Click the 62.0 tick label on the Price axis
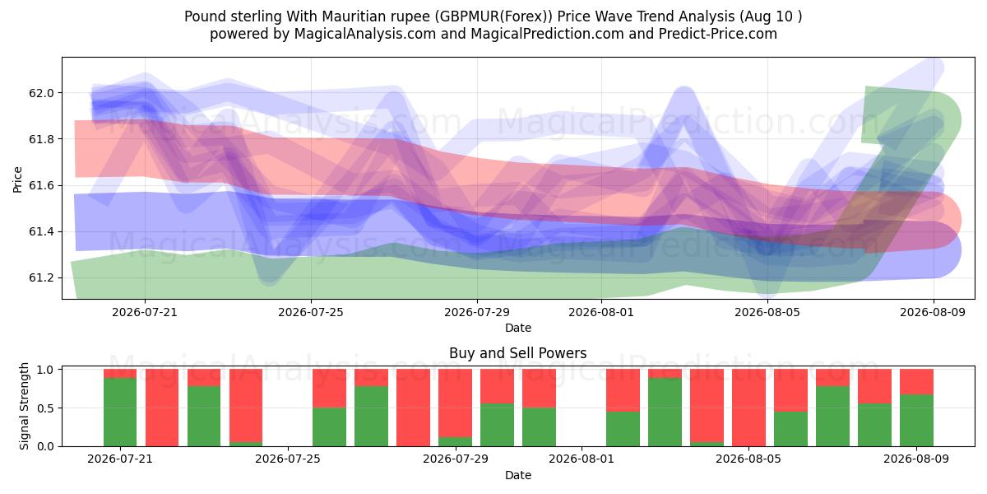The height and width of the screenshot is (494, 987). [41, 93]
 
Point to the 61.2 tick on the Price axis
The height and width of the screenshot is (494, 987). [41, 278]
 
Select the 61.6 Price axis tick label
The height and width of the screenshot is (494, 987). [41, 185]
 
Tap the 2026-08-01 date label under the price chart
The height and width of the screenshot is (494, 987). [601, 312]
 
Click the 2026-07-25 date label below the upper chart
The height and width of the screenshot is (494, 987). [311, 312]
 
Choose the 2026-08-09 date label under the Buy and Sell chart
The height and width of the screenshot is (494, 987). [916, 459]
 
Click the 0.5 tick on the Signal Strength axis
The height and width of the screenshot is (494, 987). [46, 408]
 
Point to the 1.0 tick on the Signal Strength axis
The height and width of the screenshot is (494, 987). [46, 370]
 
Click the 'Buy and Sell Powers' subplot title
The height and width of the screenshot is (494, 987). [517, 353]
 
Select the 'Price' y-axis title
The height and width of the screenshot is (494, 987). [17, 179]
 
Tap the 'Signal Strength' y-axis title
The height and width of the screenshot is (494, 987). [24, 406]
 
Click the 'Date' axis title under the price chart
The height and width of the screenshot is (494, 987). [517, 328]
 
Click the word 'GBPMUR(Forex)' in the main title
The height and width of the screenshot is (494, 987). [493, 16]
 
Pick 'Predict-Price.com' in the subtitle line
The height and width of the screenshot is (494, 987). [718, 34]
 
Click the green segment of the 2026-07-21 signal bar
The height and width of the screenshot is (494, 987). [120, 412]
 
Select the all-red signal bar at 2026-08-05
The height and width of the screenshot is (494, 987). [748, 408]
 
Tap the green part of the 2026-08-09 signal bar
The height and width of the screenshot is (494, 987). [916, 420]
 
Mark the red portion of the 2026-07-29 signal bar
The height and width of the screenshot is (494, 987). [455, 403]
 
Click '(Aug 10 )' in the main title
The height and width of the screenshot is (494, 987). [772, 16]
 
